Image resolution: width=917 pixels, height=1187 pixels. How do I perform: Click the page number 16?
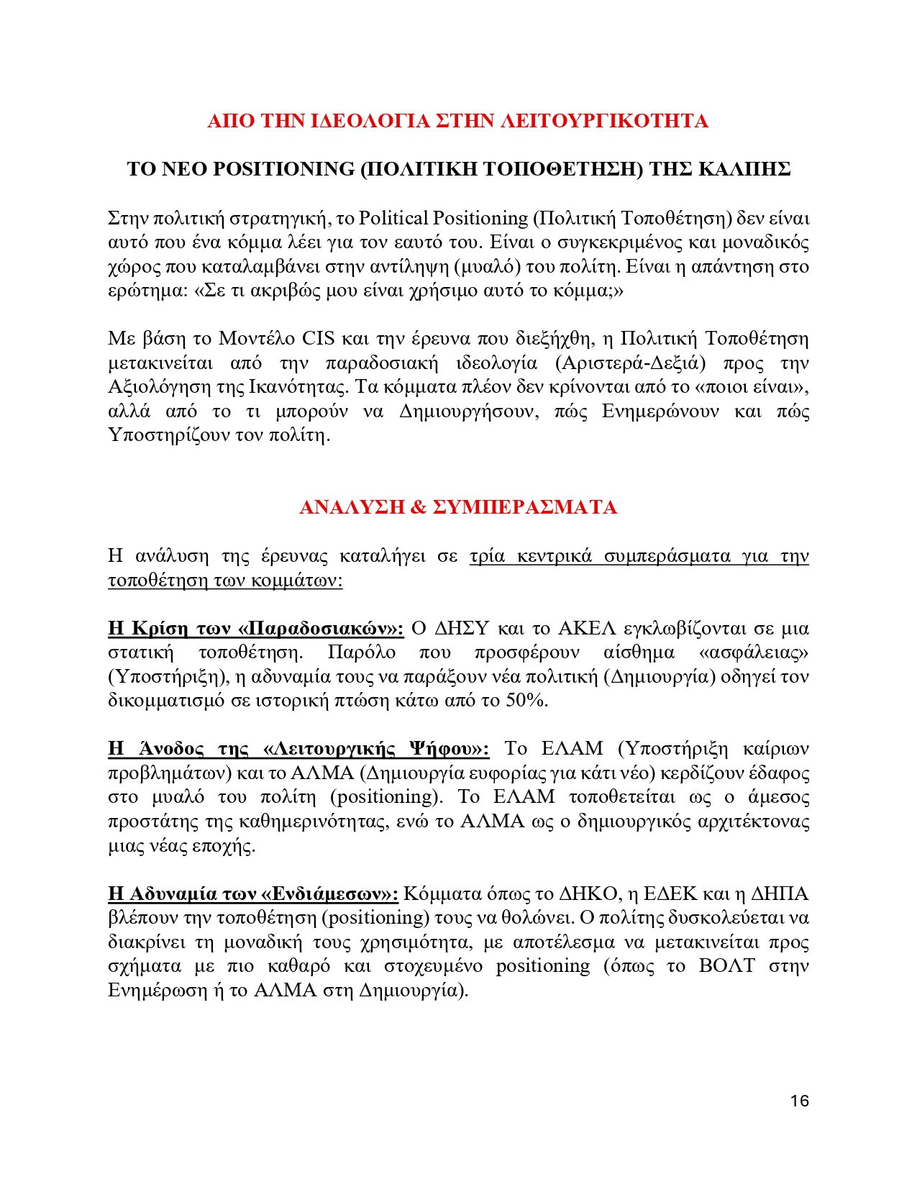799,1101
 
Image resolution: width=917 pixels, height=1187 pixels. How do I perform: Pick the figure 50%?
526,700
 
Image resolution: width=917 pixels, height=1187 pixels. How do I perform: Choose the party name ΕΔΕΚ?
670,893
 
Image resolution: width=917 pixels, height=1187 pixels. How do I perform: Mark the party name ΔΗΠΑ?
780,893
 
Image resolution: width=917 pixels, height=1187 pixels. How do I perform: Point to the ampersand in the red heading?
418,507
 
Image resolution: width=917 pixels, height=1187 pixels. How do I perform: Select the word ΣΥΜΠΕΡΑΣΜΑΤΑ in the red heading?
525,507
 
